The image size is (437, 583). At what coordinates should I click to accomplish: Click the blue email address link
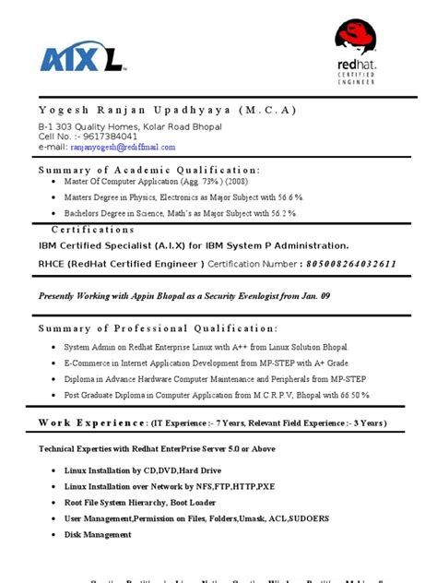[x=122, y=146]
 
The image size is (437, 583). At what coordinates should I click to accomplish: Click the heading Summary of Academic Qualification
[x=149, y=170]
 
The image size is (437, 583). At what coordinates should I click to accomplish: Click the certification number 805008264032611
[x=340, y=264]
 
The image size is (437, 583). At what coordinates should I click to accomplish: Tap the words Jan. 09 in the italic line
[x=313, y=296]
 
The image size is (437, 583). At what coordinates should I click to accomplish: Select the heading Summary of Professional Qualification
[x=158, y=328]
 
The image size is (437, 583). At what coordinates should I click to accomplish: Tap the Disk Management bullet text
[x=98, y=534]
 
